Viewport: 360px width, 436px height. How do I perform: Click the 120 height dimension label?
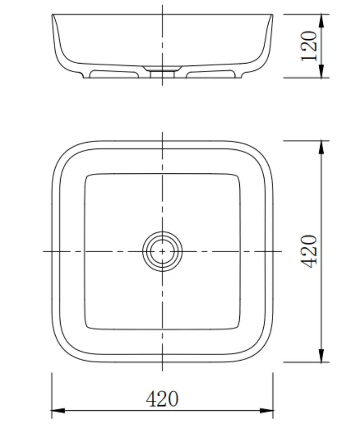309,46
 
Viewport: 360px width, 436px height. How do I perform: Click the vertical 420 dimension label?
309,251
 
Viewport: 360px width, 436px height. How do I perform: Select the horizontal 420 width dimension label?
162,399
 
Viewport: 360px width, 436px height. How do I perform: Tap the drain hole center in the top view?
162,251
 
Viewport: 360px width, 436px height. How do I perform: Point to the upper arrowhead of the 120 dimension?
321,20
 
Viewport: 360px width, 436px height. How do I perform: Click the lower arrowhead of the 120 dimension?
321,72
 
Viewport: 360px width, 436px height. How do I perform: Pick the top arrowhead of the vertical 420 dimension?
321,147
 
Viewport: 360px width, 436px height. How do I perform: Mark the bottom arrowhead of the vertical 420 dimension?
321,356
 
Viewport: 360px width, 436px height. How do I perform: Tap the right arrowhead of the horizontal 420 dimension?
266,410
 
